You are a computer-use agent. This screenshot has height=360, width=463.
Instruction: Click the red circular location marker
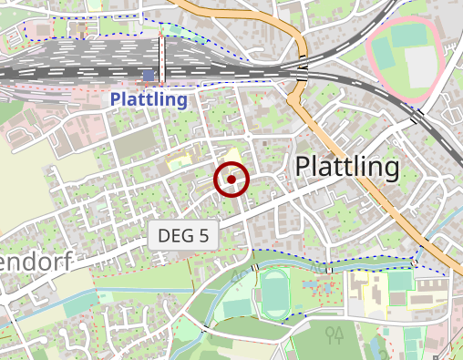(x=231, y=180)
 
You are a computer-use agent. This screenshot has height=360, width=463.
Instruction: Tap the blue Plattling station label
(x=149, y=99)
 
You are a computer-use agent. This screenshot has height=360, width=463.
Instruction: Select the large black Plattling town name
(x=348, y=167)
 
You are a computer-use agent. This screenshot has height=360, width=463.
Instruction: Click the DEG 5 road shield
(x=183, y=235)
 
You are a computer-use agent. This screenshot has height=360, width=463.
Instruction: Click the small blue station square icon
(x=149, y=75)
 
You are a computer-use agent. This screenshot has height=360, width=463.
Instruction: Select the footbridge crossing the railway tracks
(x=162, y=59)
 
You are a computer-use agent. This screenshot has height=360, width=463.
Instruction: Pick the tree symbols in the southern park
(x=334, y=334)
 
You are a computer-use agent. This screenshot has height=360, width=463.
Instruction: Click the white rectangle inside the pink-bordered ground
(x=421, y=66)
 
